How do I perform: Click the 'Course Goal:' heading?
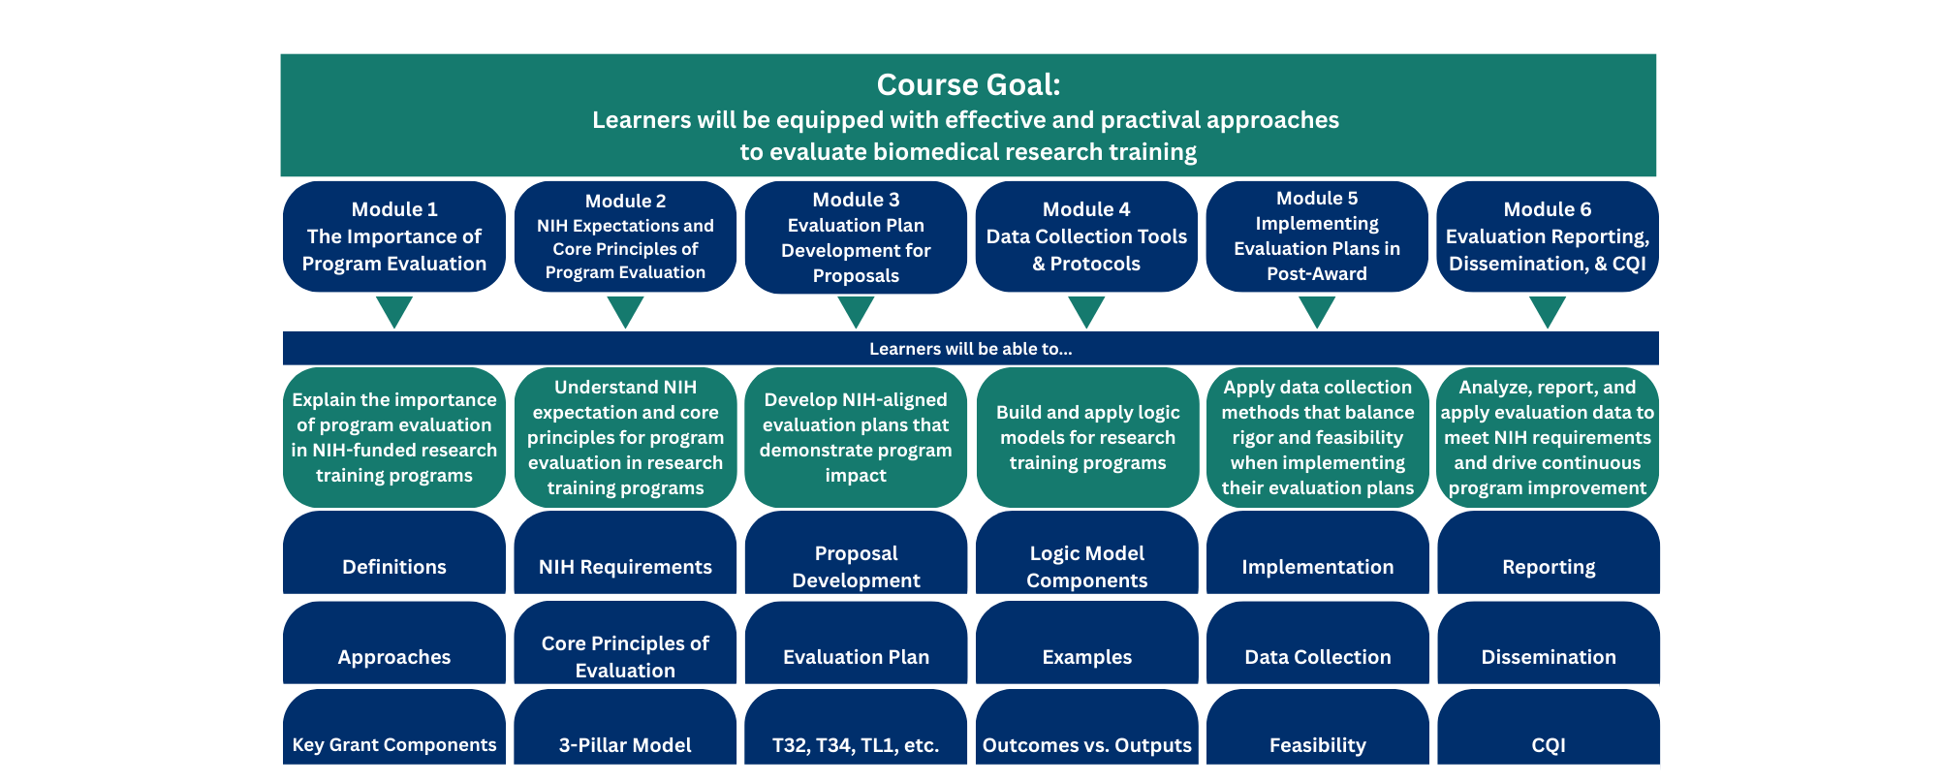968,85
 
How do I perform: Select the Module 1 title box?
394,236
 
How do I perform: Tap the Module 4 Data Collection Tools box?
1086,236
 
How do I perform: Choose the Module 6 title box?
1548,236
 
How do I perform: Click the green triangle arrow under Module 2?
625,311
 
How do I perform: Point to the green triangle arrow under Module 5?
1317,311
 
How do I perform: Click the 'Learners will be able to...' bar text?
971,349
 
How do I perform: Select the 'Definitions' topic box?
394,552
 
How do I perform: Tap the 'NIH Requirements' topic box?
625,552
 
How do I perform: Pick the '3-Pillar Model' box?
625,727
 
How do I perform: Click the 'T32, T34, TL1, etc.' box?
856,727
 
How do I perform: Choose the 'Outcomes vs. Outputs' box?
1086,727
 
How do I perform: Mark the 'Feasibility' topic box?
1317,727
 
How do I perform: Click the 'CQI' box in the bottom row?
1549,727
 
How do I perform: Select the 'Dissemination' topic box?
1549,642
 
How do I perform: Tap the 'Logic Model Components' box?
1086,552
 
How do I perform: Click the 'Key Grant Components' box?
394,727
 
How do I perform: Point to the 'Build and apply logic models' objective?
1087,437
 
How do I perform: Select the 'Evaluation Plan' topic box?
856,642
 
